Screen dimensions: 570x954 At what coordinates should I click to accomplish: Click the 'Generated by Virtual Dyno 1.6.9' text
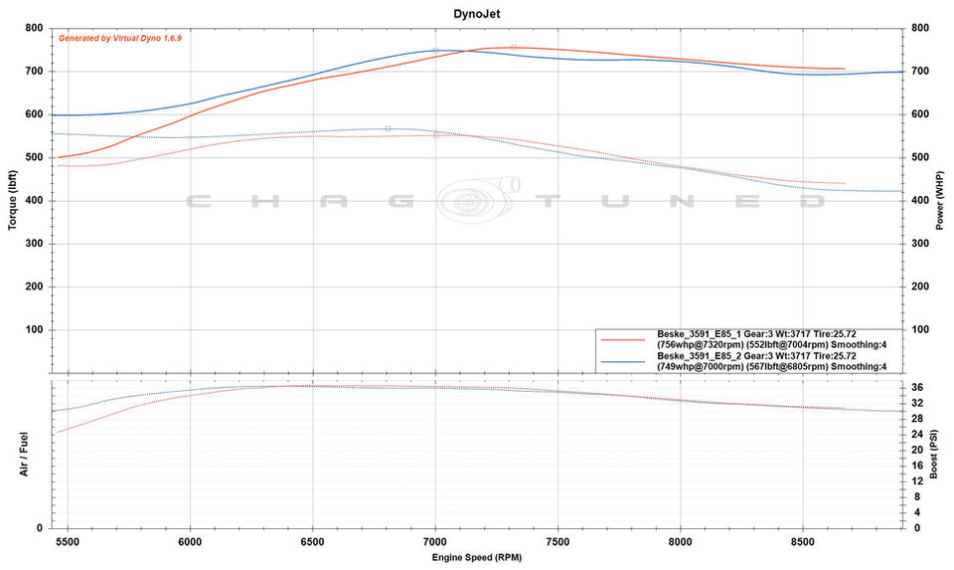point(120,38)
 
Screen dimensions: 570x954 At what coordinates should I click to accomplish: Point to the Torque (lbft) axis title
point(13,200)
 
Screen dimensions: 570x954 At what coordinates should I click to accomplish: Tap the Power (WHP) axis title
point(939,200)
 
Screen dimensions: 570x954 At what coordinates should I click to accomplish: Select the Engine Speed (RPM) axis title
point(476,558)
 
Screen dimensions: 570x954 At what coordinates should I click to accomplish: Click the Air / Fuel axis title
point(23,454)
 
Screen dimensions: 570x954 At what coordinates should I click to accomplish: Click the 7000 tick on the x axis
point(435,542)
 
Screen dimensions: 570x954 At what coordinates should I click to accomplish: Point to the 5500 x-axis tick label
point(68,542)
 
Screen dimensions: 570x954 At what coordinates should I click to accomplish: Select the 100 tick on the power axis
point(918,329)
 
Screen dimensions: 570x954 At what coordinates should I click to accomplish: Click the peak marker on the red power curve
point(514,47)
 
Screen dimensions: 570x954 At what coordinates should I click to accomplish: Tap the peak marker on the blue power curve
point(435,50)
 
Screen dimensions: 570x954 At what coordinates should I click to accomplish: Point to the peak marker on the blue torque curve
point(388,128)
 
